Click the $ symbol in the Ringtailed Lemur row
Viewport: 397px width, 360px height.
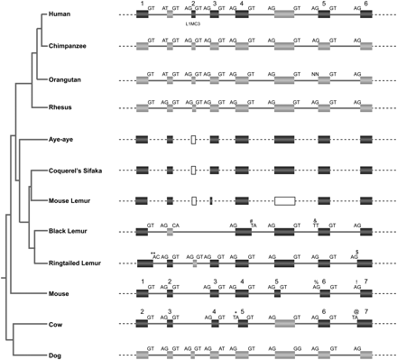coord(358,252)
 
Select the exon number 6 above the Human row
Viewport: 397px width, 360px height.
coord(365,5)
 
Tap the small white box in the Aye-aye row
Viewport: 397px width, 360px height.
coord(194,140)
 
